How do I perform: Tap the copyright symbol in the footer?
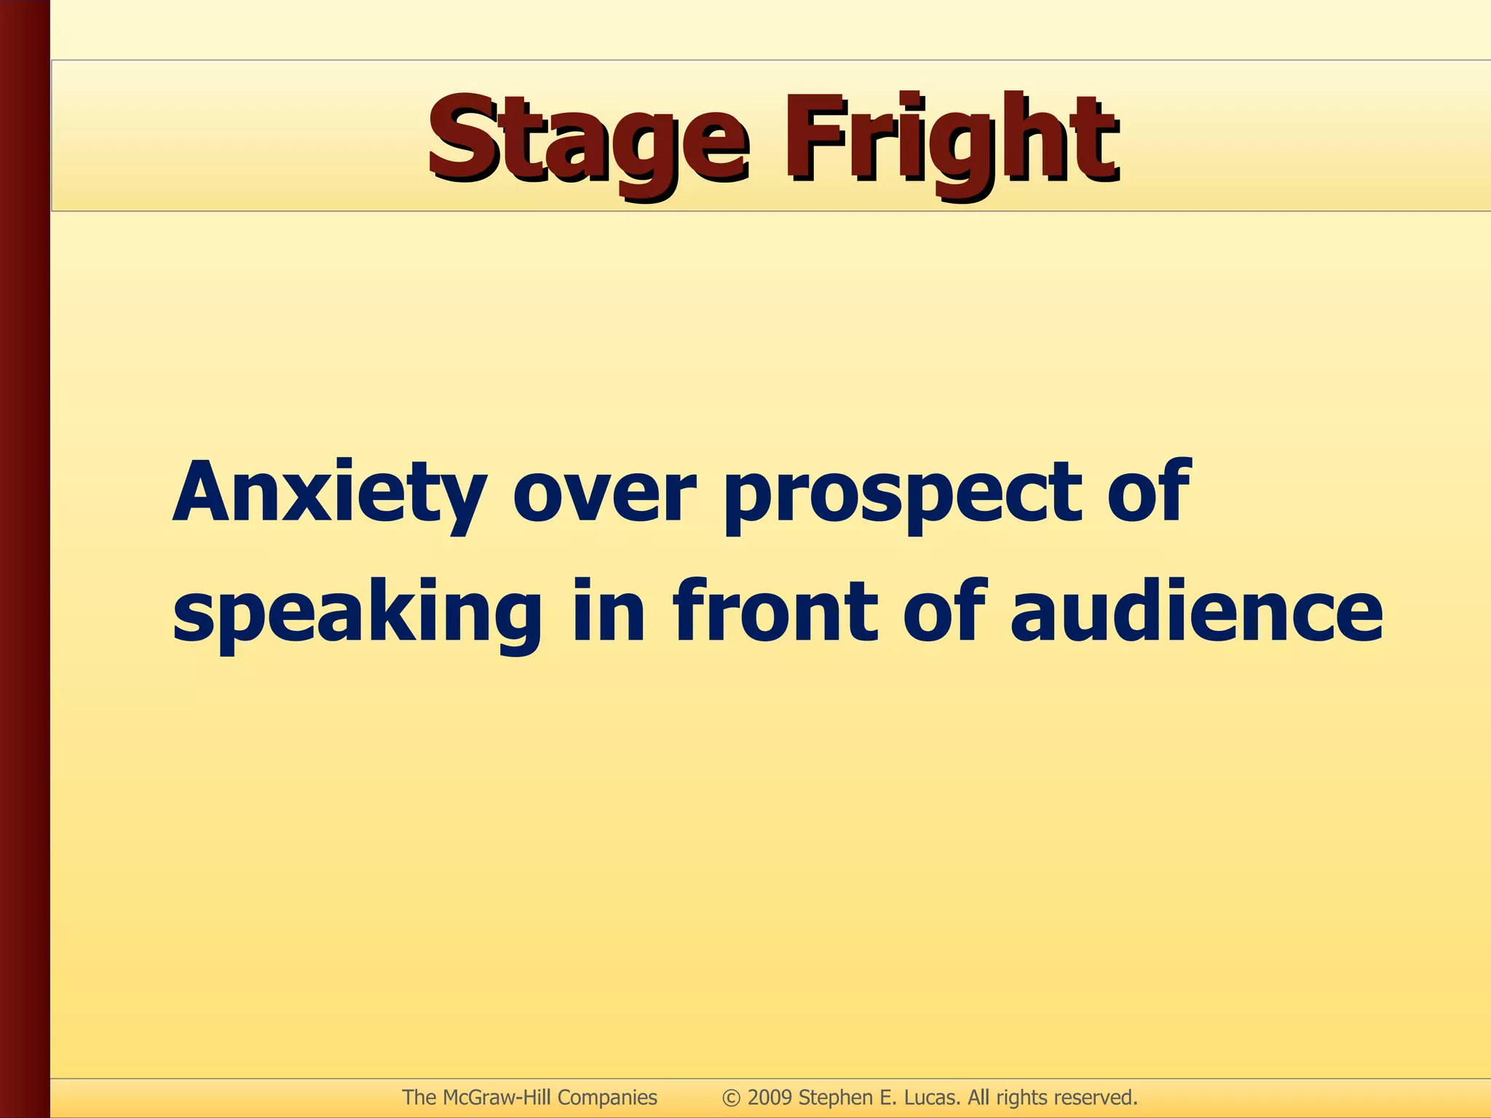731,1098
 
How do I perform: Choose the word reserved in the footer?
1096,1097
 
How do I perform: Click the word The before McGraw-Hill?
419,1097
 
